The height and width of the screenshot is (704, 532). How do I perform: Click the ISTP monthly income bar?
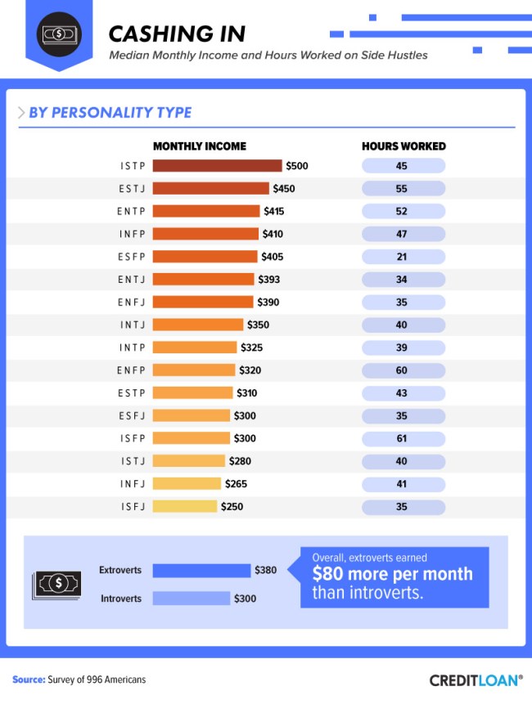pos(217,166)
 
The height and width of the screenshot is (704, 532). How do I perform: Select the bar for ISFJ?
pos(185,507)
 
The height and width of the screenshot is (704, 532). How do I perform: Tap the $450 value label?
pos(284,189)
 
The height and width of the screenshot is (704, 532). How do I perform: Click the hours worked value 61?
pos(402,438)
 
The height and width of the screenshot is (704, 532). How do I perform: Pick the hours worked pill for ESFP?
pos(402,257)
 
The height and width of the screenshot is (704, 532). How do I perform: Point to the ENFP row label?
pos(131,370)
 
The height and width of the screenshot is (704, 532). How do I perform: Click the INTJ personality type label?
pos(132,325)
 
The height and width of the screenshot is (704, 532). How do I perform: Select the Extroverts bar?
pos(201,571)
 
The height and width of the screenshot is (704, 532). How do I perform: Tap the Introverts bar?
pos(191,599)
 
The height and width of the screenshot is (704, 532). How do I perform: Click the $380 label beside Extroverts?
pos(266,571)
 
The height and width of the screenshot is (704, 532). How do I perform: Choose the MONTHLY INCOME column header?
pos(199,146)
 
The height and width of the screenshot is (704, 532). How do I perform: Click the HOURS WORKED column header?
pos(404,146)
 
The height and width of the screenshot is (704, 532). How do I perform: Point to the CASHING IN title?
pos(177,34)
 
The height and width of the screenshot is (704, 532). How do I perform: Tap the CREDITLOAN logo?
pos(475,679)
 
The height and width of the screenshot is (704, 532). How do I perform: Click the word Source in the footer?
pos(28,679)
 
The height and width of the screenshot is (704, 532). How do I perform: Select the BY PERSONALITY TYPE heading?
pos(110,113)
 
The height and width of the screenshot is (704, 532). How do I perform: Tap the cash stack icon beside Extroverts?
pos(56,584)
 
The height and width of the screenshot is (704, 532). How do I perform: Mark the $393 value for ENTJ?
pos(268,280)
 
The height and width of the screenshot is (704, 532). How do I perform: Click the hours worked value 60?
pos(402,370)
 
